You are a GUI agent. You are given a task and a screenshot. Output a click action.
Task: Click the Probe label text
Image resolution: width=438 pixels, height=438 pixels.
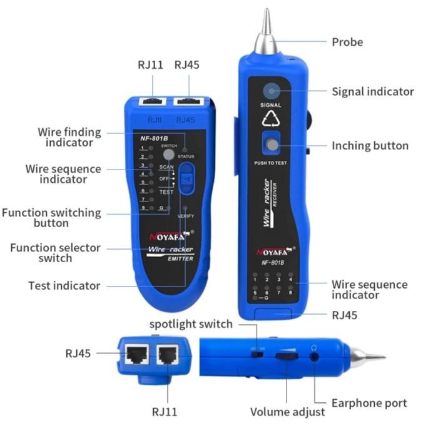tap(347, 42)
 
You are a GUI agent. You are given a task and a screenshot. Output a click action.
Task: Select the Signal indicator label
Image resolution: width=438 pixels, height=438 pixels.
tap(372, 91)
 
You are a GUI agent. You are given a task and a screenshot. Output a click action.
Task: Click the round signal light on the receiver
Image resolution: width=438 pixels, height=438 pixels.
tap(271, 91)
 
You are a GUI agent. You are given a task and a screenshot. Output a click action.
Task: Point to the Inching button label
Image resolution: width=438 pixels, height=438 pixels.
tap(370, 146)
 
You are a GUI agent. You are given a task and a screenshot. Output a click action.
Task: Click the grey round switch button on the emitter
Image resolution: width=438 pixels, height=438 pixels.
tap(168, 154)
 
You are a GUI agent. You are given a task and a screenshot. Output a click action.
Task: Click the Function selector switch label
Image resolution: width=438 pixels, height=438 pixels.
tap(55, 253)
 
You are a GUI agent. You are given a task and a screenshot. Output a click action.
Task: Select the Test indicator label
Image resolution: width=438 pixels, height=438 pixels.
tap(64, 285)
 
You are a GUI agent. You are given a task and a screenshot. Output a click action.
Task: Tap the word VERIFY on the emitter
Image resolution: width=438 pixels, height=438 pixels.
tap(186, 216)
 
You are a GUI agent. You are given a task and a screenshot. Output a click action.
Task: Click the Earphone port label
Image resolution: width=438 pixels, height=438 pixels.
tap(370, 403)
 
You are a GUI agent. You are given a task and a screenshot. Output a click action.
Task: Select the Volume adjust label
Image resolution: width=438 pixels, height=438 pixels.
tap(287, 412)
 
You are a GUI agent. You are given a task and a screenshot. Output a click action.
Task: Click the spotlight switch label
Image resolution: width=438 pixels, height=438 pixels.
tap(191, 324)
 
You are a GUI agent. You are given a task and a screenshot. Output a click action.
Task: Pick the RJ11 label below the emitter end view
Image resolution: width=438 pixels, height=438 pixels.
tap(165, 411)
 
